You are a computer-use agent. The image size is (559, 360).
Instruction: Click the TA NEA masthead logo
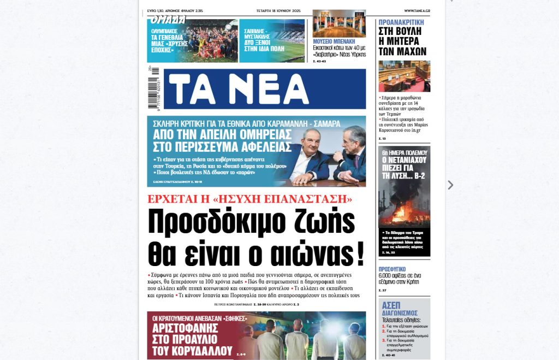click(265, 88)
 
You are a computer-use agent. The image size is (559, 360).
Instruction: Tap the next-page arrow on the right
click(450, 185)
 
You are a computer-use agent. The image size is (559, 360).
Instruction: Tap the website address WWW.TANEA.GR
click(417, 10)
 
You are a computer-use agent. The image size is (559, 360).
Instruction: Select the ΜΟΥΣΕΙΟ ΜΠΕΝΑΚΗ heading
click(334, 41)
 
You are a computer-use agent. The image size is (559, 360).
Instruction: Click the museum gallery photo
click(339, 23)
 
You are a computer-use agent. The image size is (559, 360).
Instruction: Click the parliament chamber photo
click(404, 76)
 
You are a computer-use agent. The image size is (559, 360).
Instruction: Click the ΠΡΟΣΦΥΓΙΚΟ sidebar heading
click(392, 269)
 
